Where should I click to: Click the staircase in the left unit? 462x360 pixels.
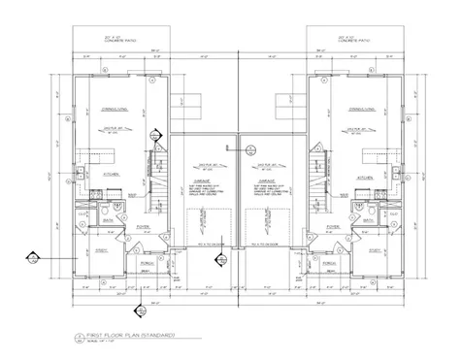(x=154, y=175)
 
